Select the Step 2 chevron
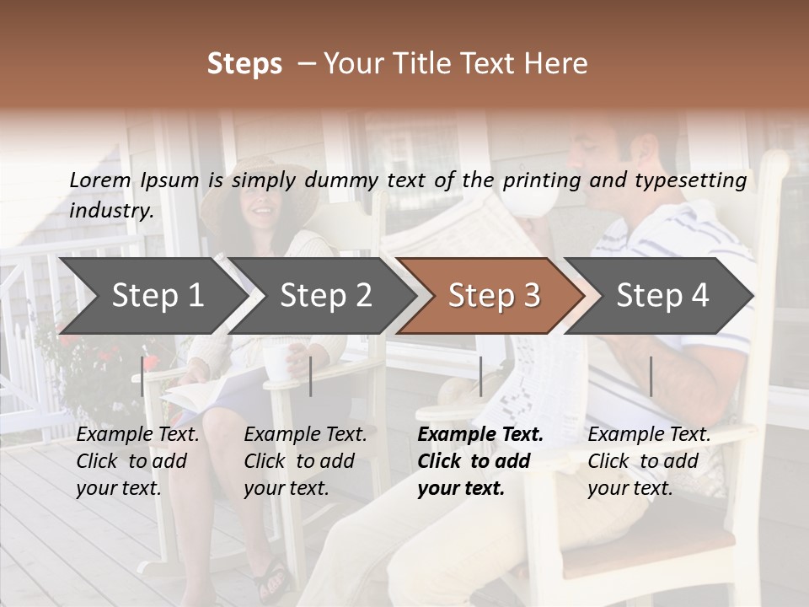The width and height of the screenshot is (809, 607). pos(325,296)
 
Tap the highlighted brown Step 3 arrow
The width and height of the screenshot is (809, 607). pos(494,296)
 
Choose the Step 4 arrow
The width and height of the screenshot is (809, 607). pos(662,296)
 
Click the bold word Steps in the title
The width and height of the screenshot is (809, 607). pos(244,64)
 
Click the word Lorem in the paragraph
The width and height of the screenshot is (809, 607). pos(99,180)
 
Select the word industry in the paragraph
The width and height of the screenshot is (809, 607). pos(111,211)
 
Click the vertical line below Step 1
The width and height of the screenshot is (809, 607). pos(142,376)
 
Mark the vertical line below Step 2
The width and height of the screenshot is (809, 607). pos(311,376)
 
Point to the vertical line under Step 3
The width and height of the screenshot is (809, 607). pos(480,376)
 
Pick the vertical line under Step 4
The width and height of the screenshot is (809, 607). pos(651,376)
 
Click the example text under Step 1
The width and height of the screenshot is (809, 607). pos(137,461)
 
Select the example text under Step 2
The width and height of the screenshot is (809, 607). pos(305,461)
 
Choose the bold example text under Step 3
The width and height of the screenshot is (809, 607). pos(480,461)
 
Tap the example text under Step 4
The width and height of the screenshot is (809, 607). pos(649,461)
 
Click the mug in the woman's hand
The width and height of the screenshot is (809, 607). pos(277,360)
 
